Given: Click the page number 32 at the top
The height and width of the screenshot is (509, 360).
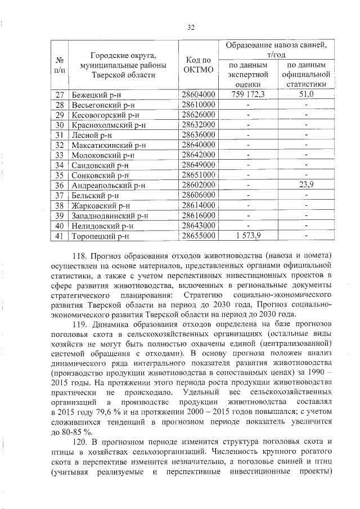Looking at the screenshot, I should [190, 26].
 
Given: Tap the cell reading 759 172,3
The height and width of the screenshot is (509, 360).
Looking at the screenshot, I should [247, 94].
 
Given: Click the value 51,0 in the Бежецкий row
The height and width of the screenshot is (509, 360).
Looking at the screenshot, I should [306, 94].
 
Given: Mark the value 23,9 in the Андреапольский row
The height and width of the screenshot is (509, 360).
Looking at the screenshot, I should [306, 185].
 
